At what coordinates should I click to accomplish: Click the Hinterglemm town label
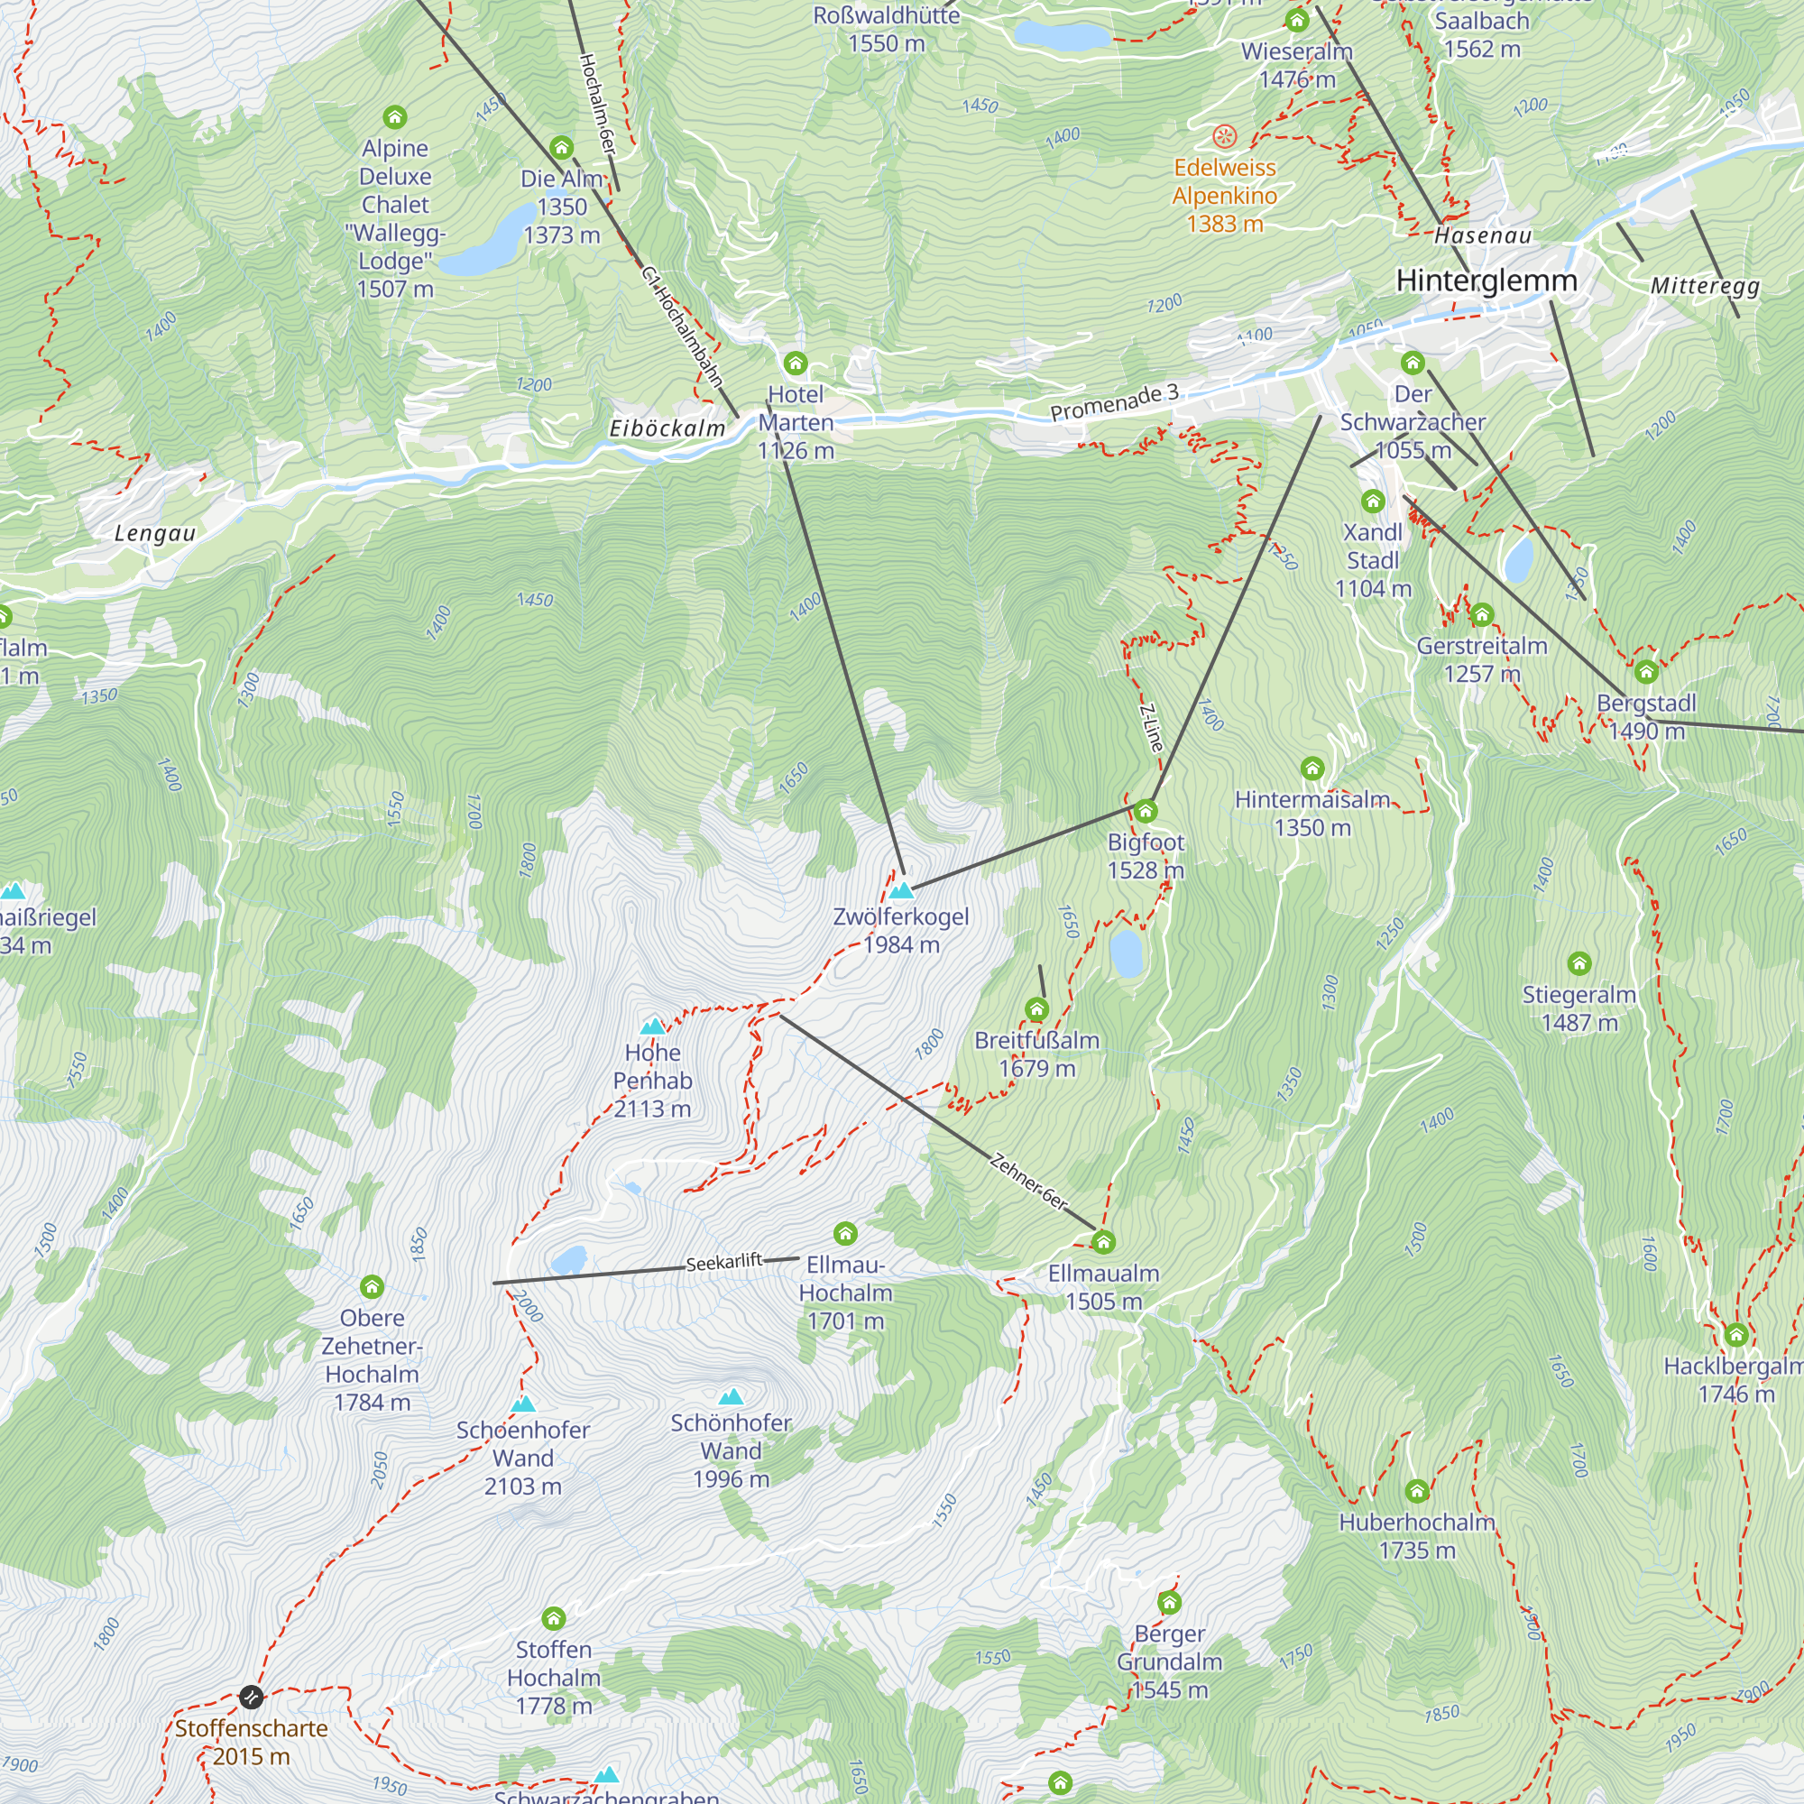tap(1486, 281)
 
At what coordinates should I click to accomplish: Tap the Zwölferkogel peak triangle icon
tap(901, 890)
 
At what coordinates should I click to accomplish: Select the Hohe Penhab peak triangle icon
tap(653, 1026)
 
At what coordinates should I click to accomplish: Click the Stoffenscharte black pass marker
tap(250, 1697)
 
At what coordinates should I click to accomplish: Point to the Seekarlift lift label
tap(723, 1263)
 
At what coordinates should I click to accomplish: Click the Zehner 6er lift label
tap(1028, 1183)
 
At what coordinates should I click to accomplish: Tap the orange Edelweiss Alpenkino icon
tap(1224, 137)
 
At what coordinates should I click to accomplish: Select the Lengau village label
tap(155, 533)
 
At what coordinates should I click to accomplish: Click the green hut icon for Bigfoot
tap(1146, 811)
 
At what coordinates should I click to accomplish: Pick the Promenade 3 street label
tap(1114, 402)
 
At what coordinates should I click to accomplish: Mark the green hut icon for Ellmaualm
tap(1104, 1242)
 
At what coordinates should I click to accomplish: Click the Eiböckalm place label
tap(667, 428)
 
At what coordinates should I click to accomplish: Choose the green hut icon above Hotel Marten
tap(796, 363)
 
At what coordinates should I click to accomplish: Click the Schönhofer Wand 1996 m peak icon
tap(732, 1397)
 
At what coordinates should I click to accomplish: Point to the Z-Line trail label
tap(1152, 728)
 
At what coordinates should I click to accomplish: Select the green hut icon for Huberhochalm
tap(1416, 1490)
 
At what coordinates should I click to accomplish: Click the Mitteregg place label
tap(1704, 286)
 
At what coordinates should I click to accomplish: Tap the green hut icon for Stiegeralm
tap(1579, 962)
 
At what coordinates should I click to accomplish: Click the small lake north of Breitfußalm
tap(1126, 953)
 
